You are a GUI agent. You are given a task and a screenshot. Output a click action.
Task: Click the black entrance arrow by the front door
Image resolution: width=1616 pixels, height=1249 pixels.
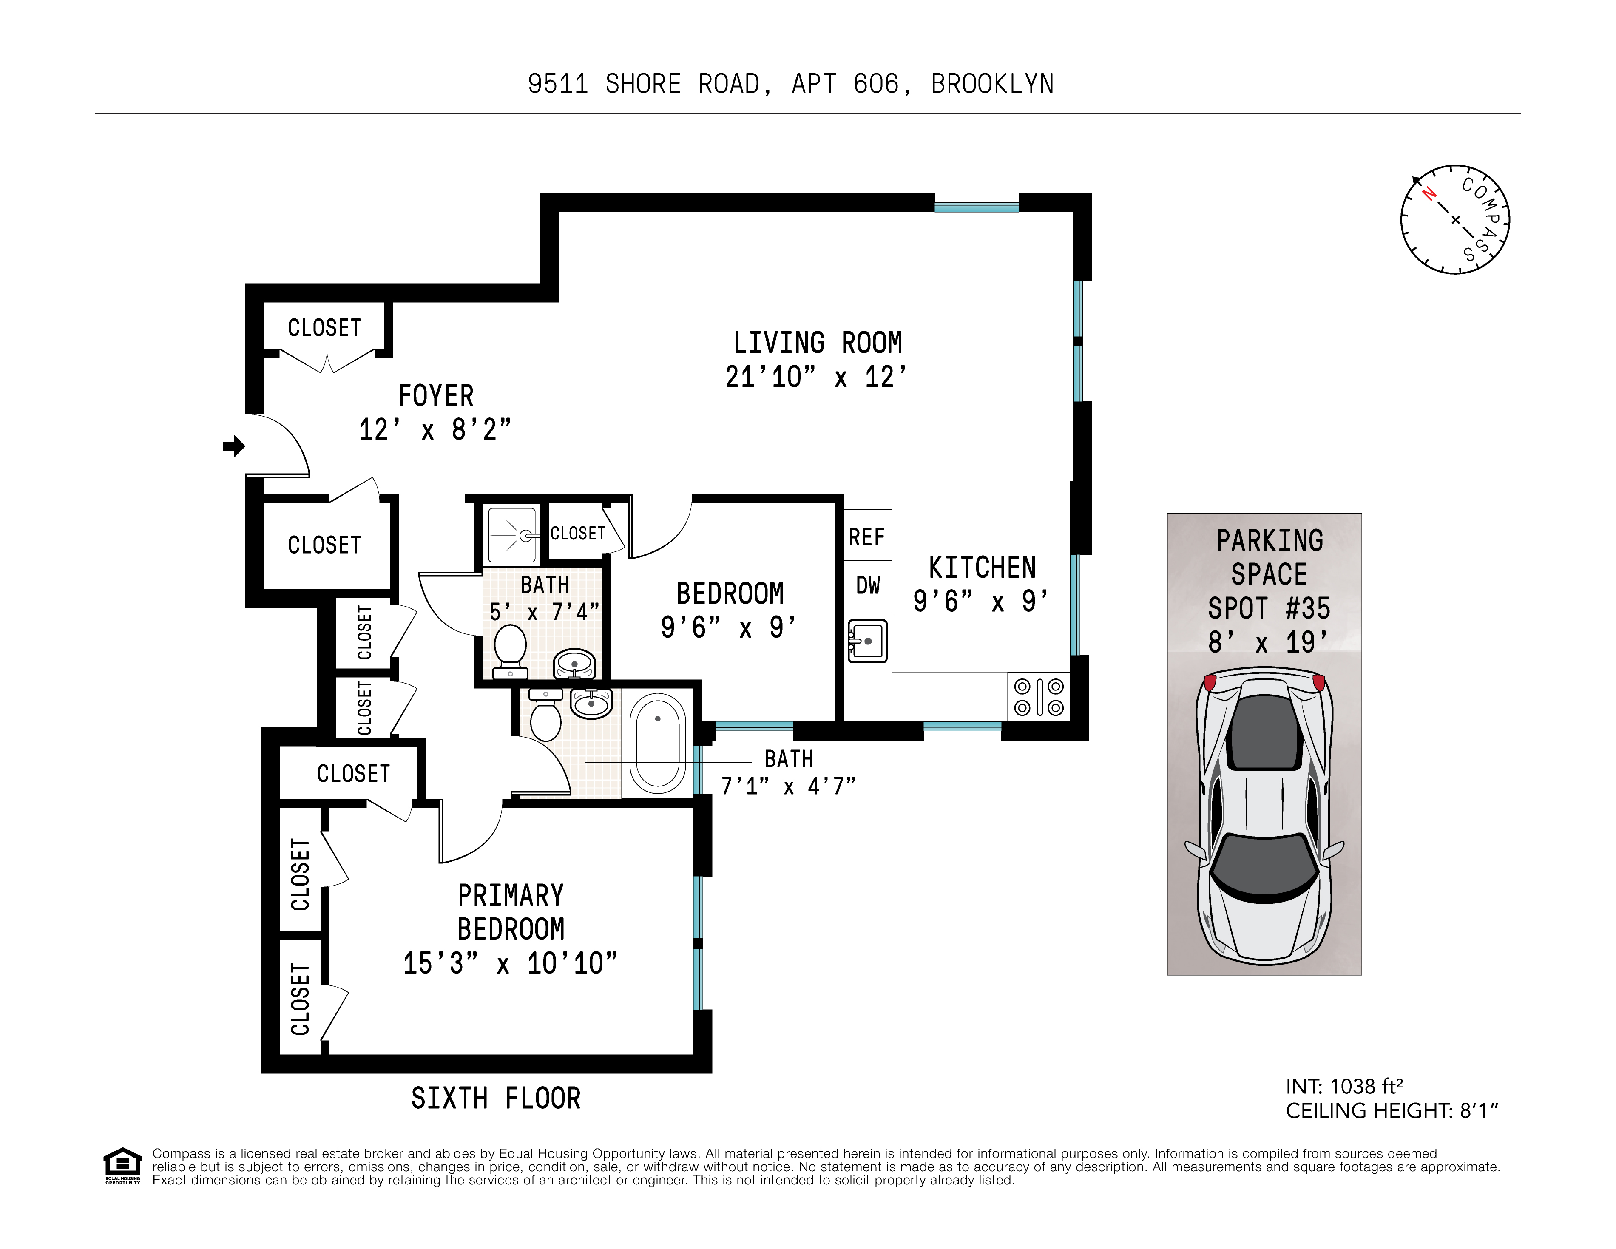point(234,446)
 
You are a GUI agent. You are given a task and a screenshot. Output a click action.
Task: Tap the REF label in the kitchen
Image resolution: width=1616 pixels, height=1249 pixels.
point(866,537)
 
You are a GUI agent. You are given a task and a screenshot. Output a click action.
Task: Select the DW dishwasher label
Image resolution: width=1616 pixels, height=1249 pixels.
point(867,586)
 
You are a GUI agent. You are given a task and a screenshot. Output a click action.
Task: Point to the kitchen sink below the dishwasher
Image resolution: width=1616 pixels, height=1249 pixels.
point(867,641)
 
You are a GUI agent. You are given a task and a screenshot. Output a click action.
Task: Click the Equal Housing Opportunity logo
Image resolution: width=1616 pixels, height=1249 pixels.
point(122,1165)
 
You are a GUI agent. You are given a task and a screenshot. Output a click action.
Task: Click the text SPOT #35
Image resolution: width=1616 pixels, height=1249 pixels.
point(1269,609)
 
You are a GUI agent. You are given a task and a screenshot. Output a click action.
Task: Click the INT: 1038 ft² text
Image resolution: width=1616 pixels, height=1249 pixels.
point(1344,1086)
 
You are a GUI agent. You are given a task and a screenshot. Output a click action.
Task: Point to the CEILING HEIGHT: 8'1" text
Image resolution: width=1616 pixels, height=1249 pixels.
point(1391,1111)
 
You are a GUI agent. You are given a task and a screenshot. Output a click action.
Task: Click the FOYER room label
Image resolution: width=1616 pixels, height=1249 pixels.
point(436,396)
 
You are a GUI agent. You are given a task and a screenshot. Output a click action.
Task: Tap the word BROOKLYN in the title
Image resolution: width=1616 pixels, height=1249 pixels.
point(992,84)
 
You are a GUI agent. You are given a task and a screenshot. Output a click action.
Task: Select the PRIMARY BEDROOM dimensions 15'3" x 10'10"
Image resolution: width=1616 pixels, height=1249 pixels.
point(510,963)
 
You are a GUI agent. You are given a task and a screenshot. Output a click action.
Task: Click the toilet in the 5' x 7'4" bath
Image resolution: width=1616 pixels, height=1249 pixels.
point(510,649)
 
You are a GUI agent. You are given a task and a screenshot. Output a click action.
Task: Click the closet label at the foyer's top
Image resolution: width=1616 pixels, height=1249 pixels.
point(324,328)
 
